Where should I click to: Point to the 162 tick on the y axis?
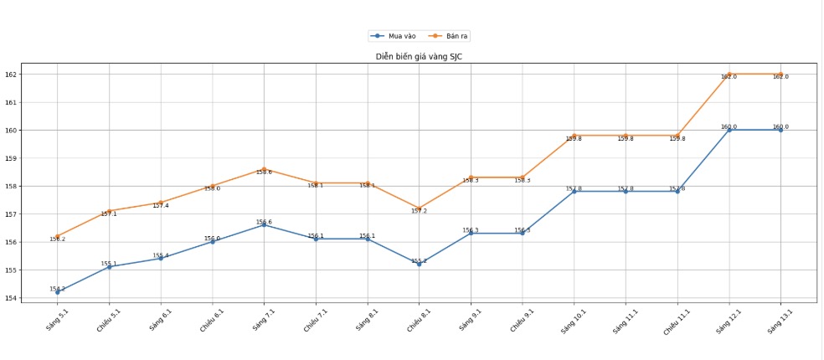click(12, 75)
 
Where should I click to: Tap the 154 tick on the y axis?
click(12, 298)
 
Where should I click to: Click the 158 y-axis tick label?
click(12, 186)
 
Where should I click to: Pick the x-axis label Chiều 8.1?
click(416, 322)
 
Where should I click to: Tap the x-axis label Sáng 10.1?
click(570, 321)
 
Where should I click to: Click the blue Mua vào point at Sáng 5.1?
click(58, 292)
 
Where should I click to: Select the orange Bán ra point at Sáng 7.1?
click(265, 169)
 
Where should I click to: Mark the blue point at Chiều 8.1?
click(419, 264)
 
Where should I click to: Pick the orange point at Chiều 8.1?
click(419, 208)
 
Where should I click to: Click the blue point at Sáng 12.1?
click(729, 130)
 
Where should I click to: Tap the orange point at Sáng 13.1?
click(780, 75)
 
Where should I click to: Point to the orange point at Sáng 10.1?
click(574, 136)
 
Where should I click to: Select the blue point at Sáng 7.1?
click(265, 225)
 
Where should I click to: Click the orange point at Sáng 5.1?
click(58, 236)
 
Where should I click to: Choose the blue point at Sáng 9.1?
click(471, 234)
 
